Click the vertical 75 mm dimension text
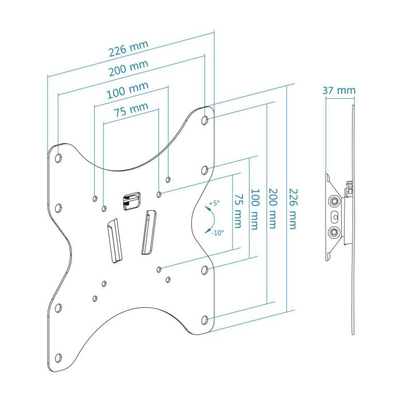(237, 210)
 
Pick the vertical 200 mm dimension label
(274, 210)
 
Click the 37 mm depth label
(338, 91)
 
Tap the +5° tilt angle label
(214, 203)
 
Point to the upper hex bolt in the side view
(334, 202)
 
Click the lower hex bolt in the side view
(334, 233)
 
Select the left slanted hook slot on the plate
(114, 240)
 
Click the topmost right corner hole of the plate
(206, 121)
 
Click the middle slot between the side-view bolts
(335, 217)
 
